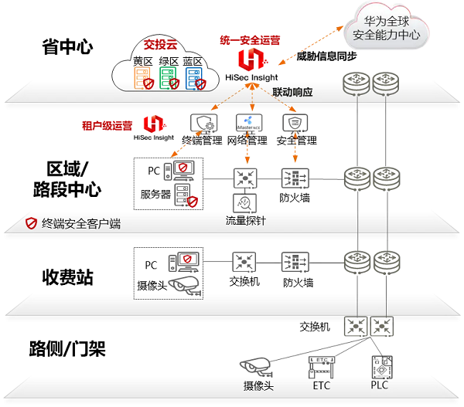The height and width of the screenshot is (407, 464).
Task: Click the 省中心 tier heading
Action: tap(68, 47)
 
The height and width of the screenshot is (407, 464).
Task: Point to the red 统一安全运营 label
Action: tap(251, 39)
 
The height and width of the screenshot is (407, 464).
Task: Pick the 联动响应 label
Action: tap(292, 92)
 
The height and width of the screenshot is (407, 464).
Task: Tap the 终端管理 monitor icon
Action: tap(202, 124)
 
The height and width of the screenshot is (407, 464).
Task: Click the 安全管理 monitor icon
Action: tap(295, 124)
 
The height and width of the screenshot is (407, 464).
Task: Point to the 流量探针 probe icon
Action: tap(245, 205)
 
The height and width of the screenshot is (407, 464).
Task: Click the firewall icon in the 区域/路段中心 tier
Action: tap(295, 178)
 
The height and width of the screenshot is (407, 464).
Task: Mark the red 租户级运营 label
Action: tap(107, 124)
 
